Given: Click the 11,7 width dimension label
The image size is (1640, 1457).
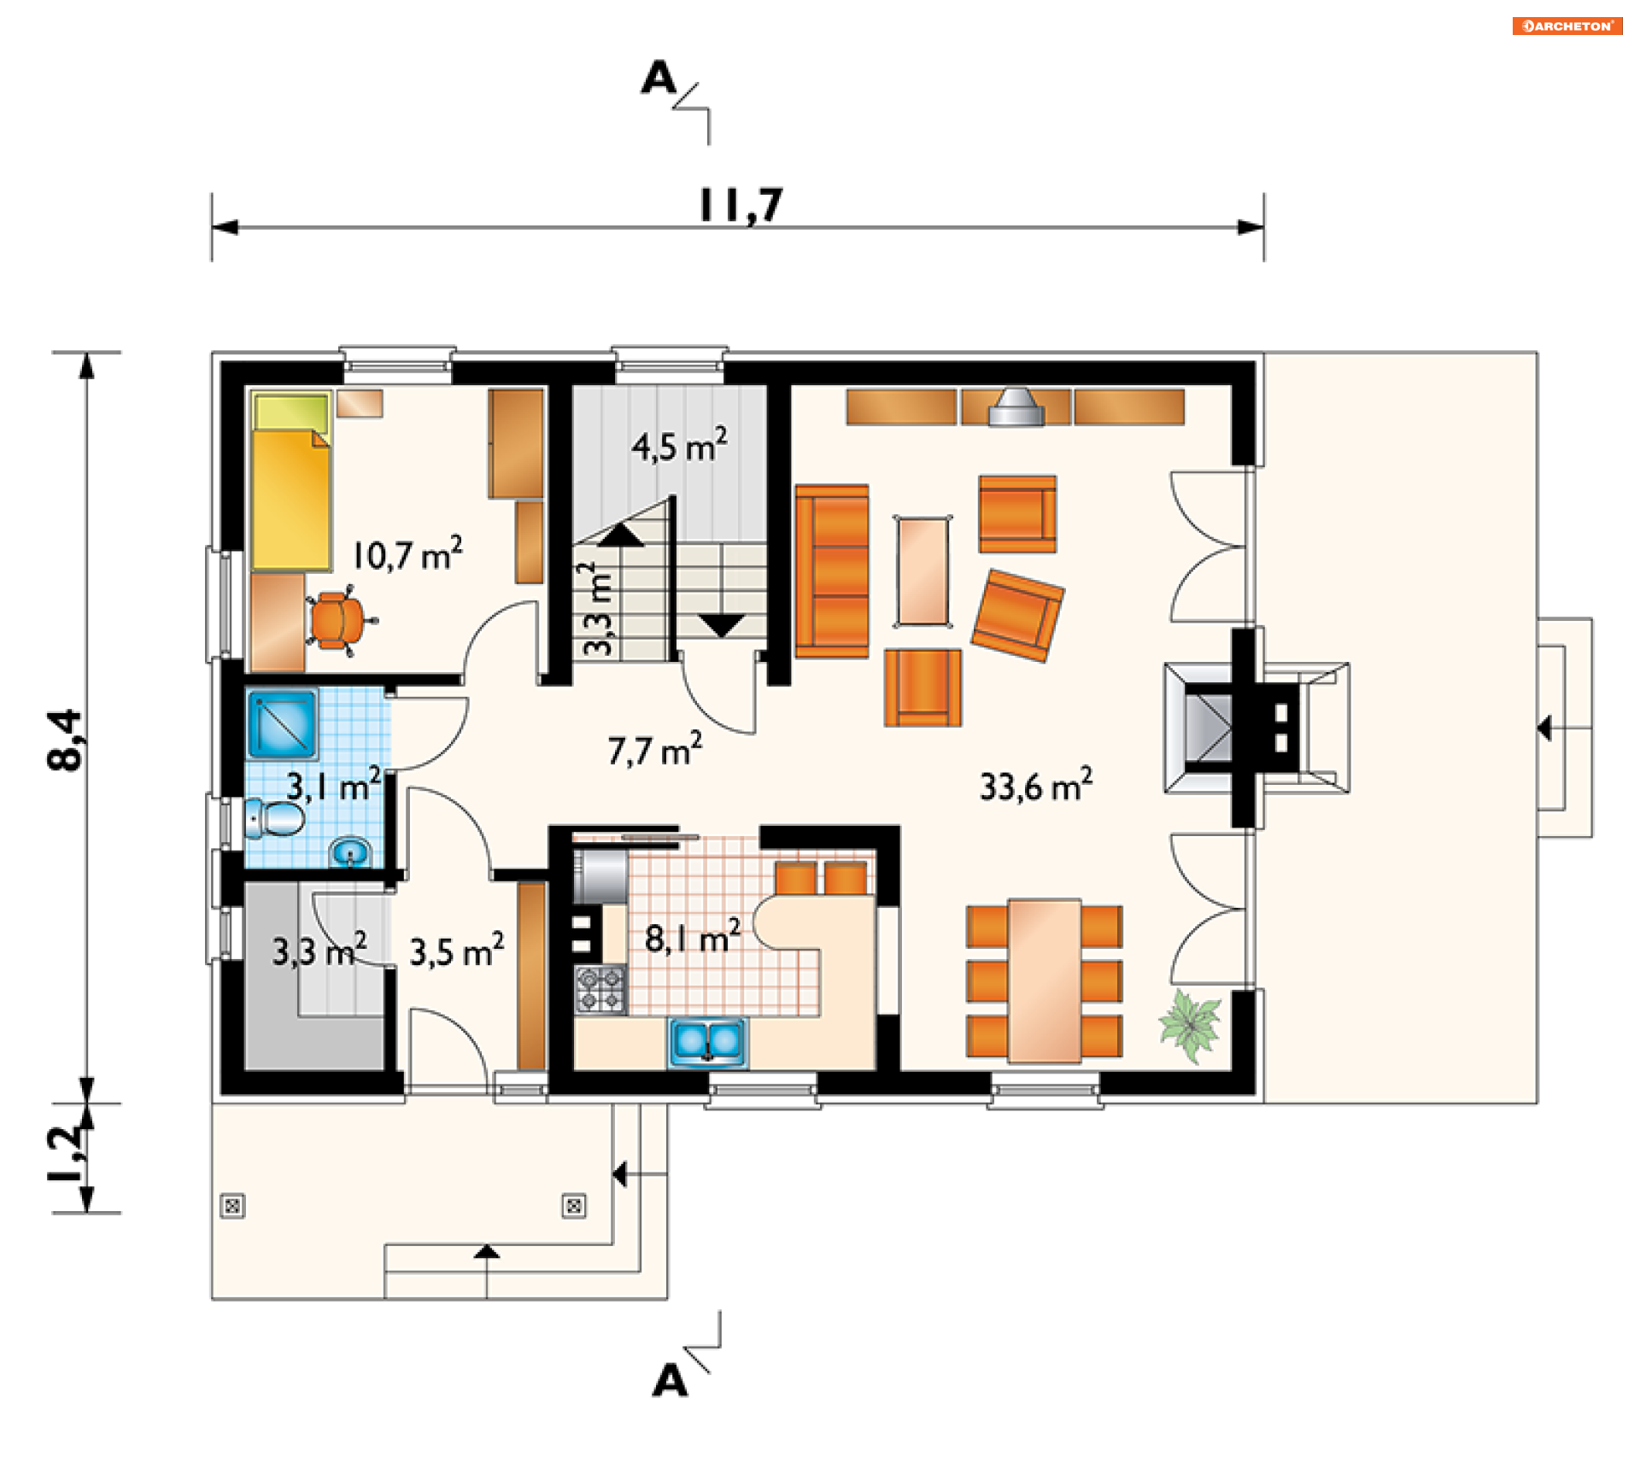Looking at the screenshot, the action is coord(741,206).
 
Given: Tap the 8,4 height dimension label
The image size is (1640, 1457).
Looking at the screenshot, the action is coord(67,740).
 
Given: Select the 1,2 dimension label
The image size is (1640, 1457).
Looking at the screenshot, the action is coord(67,1155).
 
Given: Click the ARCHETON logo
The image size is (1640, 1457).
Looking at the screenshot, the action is coord(1567,26).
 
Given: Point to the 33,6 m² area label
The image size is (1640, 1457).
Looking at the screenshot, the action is coord(1035,785).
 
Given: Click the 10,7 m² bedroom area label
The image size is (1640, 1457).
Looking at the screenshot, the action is coord(407,554).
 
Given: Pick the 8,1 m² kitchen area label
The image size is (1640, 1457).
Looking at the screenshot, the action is coord(693,938).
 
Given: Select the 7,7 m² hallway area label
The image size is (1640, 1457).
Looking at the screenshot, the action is coord(655,750).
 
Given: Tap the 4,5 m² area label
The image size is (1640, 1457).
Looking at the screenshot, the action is coord(680,446).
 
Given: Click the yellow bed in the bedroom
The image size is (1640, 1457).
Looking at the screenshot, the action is coord(291,481).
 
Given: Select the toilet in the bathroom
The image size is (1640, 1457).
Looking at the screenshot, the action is coord(274,819).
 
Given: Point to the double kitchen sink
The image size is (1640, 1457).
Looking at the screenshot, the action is coord(708,1042).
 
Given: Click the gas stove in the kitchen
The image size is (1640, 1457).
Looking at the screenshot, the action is coord(600,989).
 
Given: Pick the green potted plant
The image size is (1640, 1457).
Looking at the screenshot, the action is coord(1190,1025).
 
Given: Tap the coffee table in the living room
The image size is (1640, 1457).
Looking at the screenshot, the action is coord(923,571).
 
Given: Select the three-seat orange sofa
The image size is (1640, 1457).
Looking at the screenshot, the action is coord(832,571).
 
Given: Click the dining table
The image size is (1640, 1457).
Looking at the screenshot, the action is coord(1045,980).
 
